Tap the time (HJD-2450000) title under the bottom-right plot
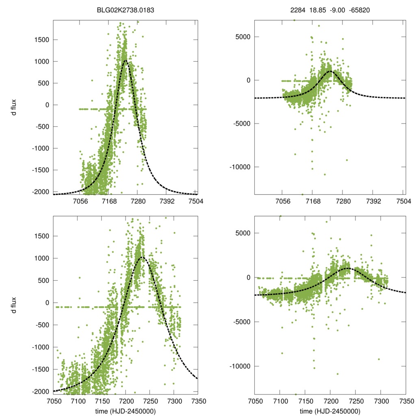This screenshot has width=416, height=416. (330, 411)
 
